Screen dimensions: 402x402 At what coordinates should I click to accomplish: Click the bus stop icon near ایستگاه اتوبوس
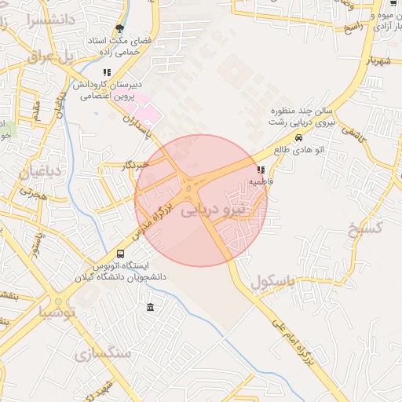point(120,254)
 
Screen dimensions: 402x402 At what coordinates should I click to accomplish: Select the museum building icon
point(150,307)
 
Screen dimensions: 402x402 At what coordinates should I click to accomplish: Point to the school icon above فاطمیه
point(261,170)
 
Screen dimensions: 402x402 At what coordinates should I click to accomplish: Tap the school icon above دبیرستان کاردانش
point(108,72)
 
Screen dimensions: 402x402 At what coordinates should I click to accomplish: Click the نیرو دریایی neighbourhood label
point(213,210)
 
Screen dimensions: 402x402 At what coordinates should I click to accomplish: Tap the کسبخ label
point(364,228)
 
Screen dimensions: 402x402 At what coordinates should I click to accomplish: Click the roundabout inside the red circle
point(191,186)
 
